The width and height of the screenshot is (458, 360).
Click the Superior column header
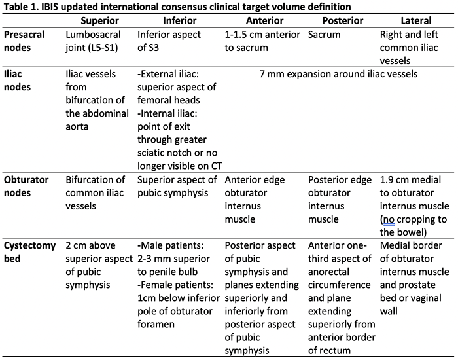pos(99,21)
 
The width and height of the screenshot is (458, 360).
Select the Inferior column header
pos(180,21)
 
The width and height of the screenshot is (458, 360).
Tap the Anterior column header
pos(264,21)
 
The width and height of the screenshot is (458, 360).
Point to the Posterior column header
pos(343,21)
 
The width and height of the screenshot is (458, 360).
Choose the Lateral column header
pos(416,21)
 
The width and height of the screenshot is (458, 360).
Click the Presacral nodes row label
pos(24,41)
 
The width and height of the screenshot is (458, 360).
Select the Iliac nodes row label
pos(17,81)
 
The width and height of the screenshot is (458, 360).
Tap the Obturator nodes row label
pos(26,186)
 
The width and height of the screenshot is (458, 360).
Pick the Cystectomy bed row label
pos(29,252)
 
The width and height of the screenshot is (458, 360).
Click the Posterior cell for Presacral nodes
pos(325,35)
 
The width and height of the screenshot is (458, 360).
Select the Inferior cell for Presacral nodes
pos(169,41)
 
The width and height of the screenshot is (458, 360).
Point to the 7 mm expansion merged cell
pos(338,74)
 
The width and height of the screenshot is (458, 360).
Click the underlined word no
pos(389,219)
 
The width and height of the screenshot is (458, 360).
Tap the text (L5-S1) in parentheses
pos(103,48)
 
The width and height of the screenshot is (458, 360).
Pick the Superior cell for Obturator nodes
pos(96,193)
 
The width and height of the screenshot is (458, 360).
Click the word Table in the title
pos(15,7)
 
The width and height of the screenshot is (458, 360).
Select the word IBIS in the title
pos(50,7)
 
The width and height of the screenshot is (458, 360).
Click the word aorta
pos(77,126)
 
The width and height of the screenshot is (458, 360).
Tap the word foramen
pos(156,324)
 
